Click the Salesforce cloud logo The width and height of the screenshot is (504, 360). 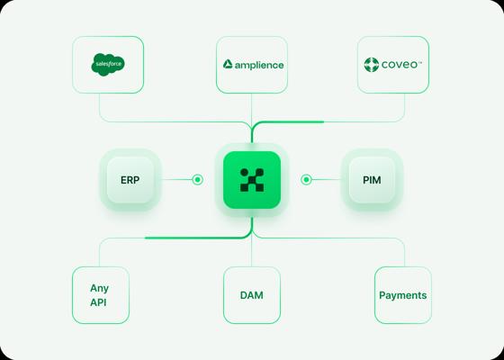pos(108,64)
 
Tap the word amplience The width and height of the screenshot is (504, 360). pos(259,65)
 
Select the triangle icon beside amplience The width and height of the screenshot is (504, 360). pos(228,64)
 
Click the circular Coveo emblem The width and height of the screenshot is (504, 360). pos(371,65)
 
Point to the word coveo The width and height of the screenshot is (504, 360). pos(400,65)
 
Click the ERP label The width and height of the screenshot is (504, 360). pos(130,180)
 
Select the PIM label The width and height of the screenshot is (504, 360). pos(372,180)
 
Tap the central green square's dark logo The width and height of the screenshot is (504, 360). pos(252,180)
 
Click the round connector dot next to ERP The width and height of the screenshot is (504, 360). pos(197,179)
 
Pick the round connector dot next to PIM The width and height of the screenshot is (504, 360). pos(306,179)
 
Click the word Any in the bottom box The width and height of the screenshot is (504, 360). pos(99,288)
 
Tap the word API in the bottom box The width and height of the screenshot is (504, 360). pos(98,302)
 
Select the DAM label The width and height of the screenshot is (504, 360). pos(252,295)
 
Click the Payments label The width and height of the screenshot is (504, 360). pos(403,295)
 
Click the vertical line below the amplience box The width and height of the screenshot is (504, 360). pos(251,109)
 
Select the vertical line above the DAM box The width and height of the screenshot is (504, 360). pos(252,252)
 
